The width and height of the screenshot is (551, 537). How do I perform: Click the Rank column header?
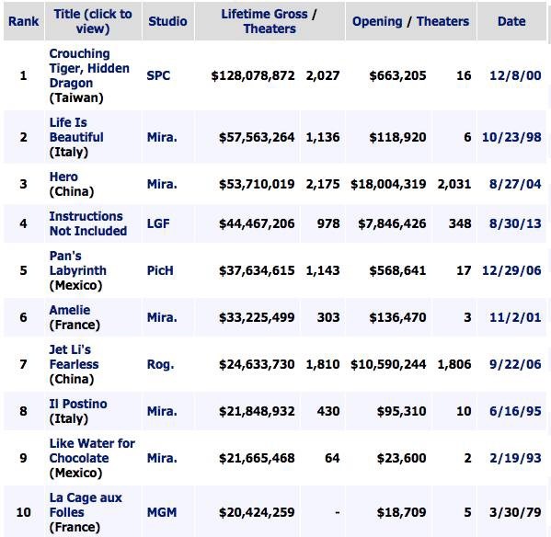[24, 21]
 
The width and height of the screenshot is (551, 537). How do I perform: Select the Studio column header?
[167, 21]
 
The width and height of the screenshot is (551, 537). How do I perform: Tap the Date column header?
[511, 21]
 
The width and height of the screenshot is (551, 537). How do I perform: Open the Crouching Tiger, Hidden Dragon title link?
[89, 68]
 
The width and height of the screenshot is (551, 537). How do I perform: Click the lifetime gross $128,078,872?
[253, 75]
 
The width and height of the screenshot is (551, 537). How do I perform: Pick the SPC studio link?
[158, 75]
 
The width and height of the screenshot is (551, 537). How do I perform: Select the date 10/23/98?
[511, 137]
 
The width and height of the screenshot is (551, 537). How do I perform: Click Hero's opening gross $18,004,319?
[388, 184]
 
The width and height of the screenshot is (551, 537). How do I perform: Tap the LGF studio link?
[158, 223]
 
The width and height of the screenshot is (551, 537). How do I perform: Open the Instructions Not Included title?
[88, 223]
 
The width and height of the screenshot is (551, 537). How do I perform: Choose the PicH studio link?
[160, 270]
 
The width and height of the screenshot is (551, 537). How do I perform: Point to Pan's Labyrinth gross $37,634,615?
[257, 270]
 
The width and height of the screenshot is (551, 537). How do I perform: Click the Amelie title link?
[70, 310]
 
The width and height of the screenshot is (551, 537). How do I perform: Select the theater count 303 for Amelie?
[328, 317]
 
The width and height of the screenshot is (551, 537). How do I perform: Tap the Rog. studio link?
[161, 364]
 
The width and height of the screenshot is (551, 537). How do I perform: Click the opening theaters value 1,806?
[454, 364]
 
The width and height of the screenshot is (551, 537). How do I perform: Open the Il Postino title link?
[78, 404]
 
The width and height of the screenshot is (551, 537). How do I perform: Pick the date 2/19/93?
[515, 458]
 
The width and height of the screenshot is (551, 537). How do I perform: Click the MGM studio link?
[162, 512]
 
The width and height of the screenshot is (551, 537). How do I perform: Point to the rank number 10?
[24, 512]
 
